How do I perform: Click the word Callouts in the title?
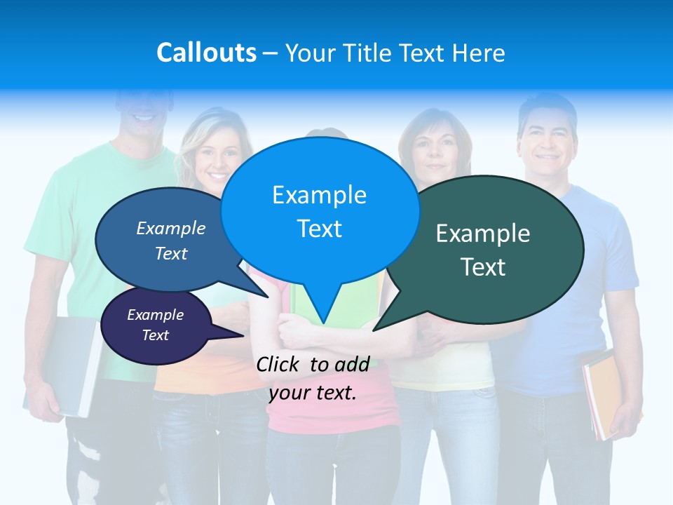click(x=206, y=53)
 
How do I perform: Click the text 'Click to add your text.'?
click(x=313, y=378)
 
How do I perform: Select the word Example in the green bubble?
click(x=483, y=234)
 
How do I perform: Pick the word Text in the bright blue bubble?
click(x=320, y=229)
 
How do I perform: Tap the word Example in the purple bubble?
click(x=156, y=315)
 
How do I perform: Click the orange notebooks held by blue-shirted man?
click(x=599, y=393)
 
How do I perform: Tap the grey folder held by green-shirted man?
click(x=70, y=365)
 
